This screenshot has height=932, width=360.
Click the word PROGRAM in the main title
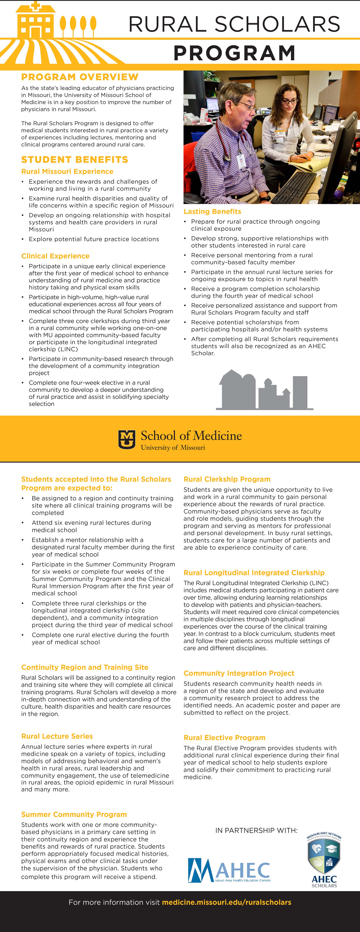click(235, 53)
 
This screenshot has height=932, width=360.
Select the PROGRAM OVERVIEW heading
click(80, 77)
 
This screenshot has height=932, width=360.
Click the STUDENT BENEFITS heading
click(75, 160)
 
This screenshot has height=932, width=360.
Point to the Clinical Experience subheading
click(55, 256)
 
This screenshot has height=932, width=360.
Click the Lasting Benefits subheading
click(212, 211)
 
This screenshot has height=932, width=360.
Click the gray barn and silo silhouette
click(264, 390)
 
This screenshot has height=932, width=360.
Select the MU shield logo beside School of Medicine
click(127, 439)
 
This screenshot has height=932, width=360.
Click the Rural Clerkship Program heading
click(227, 479)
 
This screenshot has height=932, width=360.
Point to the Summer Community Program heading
click(74, 814)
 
